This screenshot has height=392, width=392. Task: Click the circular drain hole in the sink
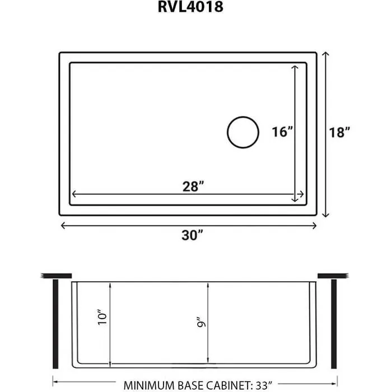(243, 133)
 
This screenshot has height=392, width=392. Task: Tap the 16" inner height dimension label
(282, 132)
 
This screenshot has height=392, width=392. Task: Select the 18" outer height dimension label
(340, 133)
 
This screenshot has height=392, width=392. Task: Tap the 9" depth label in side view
(200, 323)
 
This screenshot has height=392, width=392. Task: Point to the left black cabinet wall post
(55, 322)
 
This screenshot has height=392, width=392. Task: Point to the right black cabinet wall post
(334, 322)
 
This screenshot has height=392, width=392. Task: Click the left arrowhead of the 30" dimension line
(63, 225)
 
